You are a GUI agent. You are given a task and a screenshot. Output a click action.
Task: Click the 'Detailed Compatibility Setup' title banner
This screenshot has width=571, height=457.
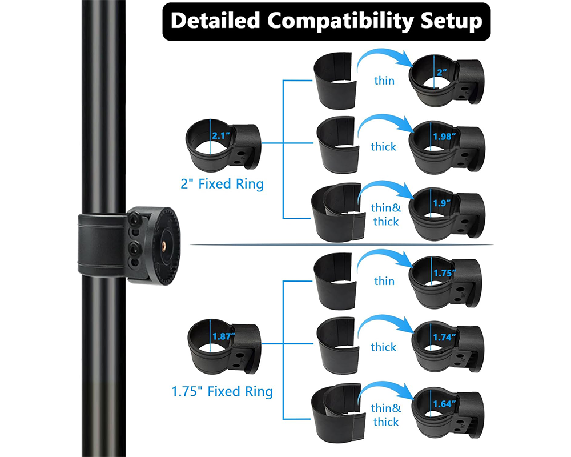tap(326, 22)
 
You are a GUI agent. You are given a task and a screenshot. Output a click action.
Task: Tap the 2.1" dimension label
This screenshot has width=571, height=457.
tap(222, 136)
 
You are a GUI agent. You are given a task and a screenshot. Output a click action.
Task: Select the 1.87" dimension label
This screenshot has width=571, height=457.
tap(224, 336)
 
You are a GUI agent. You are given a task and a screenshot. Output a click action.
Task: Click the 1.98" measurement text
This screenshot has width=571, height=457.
tap(444, 137)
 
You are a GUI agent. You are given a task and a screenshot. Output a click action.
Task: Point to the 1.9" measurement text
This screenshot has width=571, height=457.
tap(442, 203)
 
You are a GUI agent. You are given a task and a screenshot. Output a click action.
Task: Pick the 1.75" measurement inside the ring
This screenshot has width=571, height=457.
tap(445, 273)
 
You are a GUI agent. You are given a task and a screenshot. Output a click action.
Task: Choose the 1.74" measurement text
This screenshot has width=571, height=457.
tap(444, 337)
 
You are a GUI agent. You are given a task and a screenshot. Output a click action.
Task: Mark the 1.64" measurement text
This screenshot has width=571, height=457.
tap(444, 404)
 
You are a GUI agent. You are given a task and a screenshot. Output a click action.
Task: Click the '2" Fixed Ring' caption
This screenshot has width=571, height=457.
tap(222, 184)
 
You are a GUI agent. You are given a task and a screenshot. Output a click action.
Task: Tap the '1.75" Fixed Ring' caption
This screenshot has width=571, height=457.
tap(222, 391)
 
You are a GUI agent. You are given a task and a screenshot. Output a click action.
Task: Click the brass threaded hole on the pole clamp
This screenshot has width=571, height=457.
tap(163, 246)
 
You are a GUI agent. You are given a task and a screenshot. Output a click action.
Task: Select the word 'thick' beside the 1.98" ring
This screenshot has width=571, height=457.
tap(384, 146)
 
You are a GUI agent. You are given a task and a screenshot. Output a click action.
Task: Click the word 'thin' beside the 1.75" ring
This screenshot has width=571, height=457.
tap(384, 281)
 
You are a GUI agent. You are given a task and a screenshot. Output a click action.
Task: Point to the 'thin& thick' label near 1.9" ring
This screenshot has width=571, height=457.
tap(386, 214)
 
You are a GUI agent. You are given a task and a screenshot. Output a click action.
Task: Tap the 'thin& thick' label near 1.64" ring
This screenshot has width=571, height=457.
tap(386, 415)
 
